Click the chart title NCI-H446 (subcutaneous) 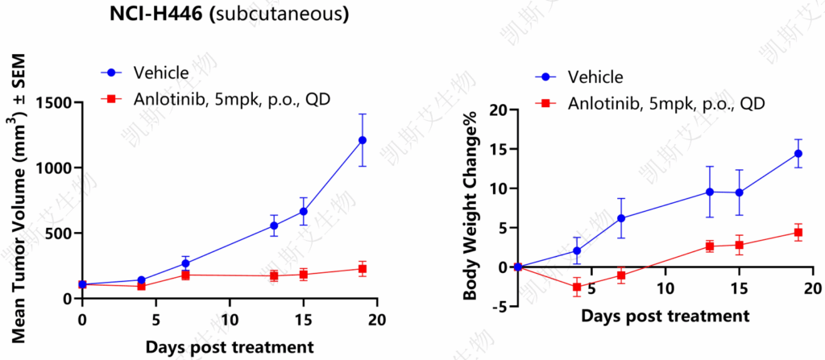229,14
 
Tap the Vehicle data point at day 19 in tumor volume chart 362,140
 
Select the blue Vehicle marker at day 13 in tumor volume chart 274,226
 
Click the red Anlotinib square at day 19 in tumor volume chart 362,269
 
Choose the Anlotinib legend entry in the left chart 216,98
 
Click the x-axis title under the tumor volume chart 230,347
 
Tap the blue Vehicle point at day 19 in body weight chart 798,154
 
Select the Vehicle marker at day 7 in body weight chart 621,218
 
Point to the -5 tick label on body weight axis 500,306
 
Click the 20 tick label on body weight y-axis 500,110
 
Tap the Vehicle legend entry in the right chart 579,77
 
